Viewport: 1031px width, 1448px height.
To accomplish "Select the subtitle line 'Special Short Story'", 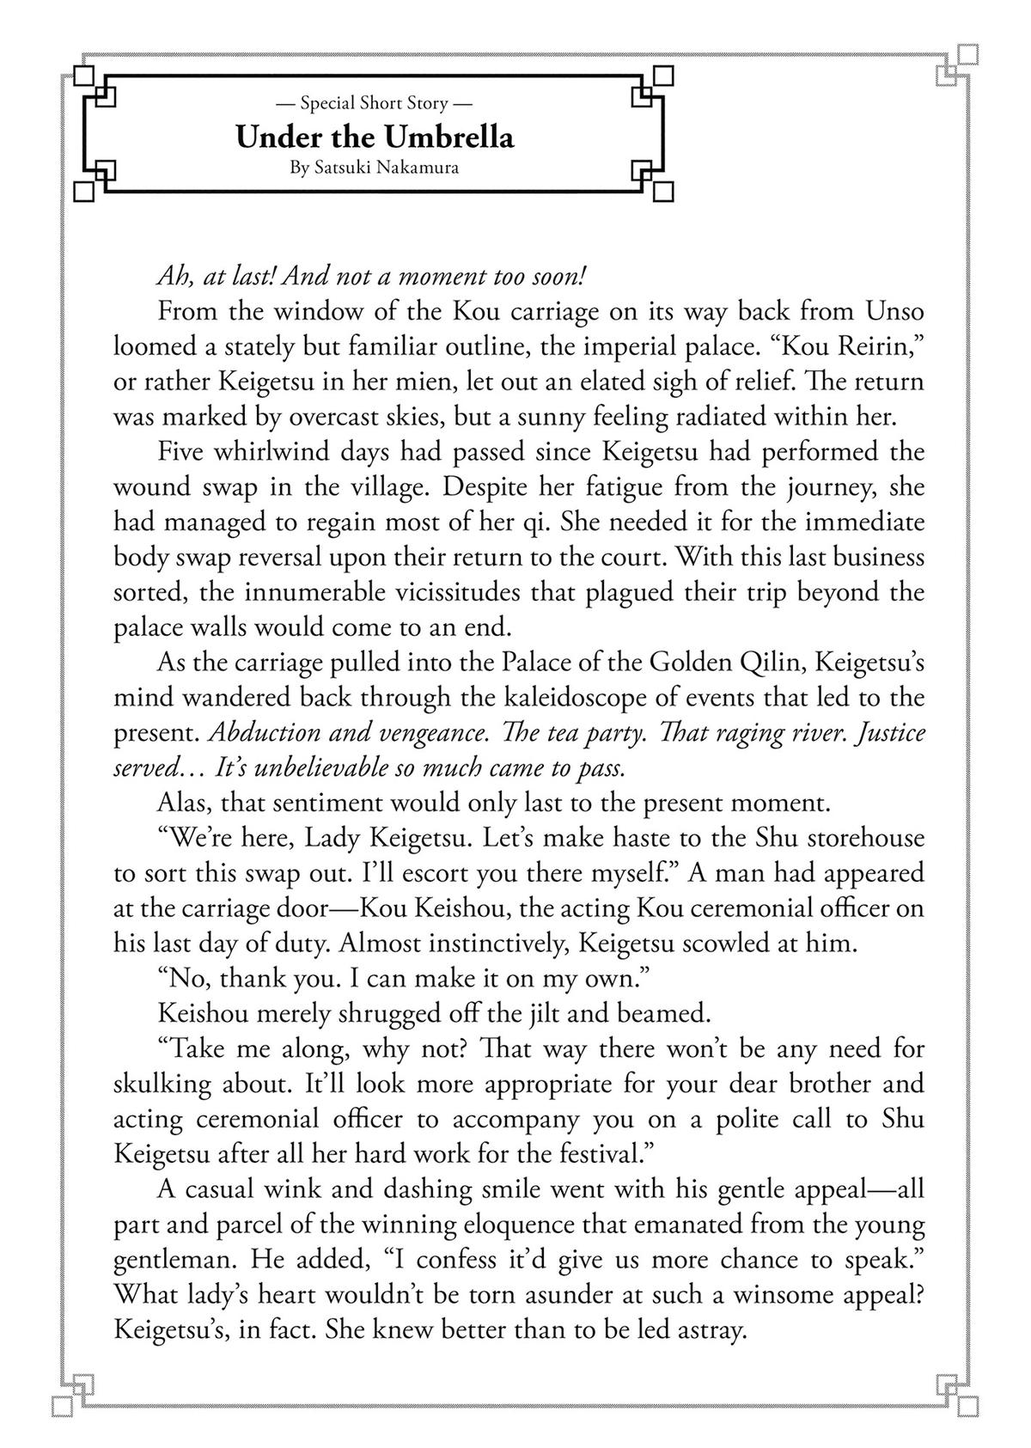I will coord(375,104).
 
